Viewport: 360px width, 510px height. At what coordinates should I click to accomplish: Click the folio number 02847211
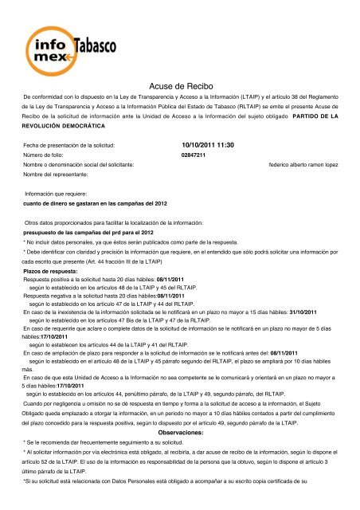click(194, 155)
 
